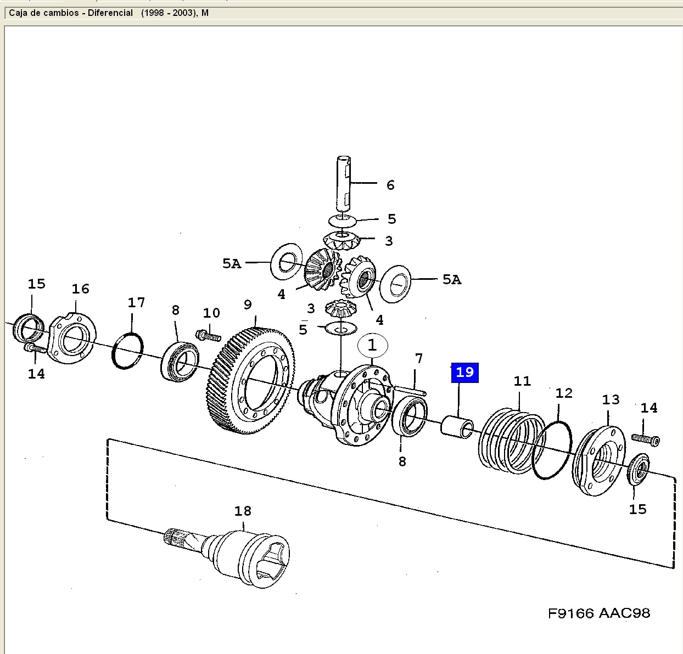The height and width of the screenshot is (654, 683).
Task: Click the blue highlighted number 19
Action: (464, 373)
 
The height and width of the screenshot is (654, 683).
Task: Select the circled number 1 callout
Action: (372, 345)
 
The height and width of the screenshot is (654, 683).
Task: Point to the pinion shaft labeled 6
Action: (343, 184)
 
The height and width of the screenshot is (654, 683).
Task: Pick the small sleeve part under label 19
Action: (457, 426)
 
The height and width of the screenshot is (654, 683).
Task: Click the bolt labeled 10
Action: (209, 334)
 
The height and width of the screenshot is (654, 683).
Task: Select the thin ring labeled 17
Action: (128, 351)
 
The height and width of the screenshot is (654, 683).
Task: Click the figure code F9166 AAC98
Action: (598, 613)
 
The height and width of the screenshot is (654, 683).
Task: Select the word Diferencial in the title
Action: (110, 13)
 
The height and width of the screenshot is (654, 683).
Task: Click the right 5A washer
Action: (395, 283)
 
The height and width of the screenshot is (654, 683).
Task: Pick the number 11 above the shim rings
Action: (522, 381)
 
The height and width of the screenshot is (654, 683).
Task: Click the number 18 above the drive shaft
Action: (243, 511)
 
